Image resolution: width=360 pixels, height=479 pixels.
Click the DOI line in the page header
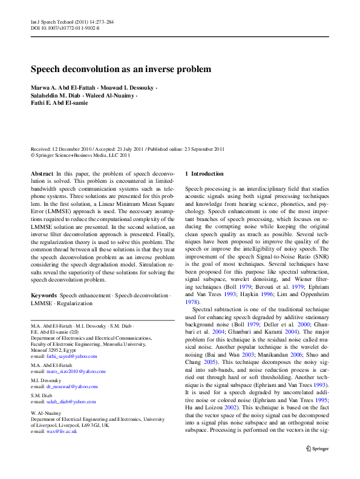(x=65, y=28)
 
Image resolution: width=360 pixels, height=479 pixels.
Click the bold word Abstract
(x=42, y=174)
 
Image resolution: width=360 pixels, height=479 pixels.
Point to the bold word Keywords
(x=44, y=296)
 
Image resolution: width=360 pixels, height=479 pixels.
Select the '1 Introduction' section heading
(x=204, y=174)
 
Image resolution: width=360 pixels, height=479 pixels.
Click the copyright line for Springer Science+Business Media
(x=80, y=155)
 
